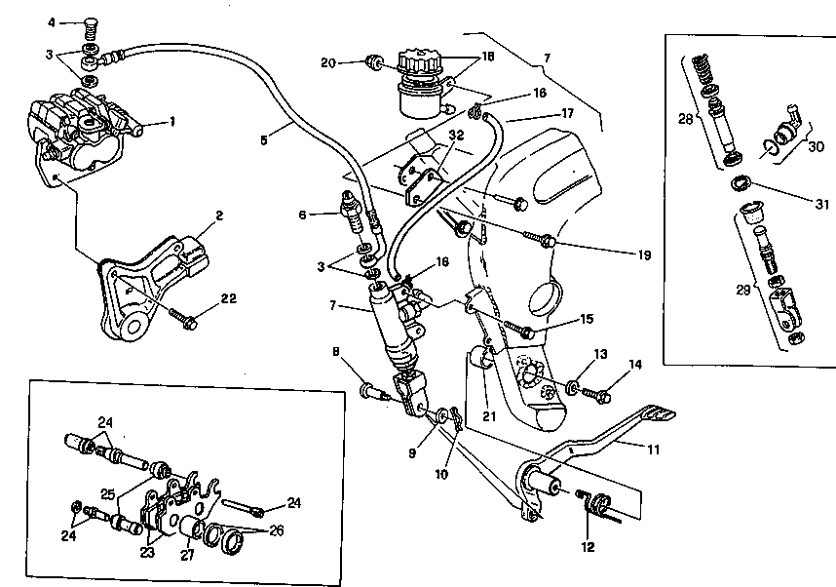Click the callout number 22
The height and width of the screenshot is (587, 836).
coord(228,298)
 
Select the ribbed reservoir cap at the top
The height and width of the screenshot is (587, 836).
coord(421,62)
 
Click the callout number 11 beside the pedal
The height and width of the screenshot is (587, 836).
coord(654,450)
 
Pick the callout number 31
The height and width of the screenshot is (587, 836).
coord(821,204)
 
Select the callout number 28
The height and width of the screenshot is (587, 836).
coord(685,119)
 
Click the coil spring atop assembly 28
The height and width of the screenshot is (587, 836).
coord(703,68)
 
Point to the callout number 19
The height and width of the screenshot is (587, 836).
coord(645,255)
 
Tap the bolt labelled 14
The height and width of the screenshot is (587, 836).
coord(596,395)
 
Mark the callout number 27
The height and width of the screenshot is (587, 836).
coord(187,555)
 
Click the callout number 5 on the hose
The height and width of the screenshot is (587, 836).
coord(264,140)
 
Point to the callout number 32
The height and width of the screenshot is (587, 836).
coord(456,135)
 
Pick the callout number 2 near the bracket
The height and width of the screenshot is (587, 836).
coord(219,215)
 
